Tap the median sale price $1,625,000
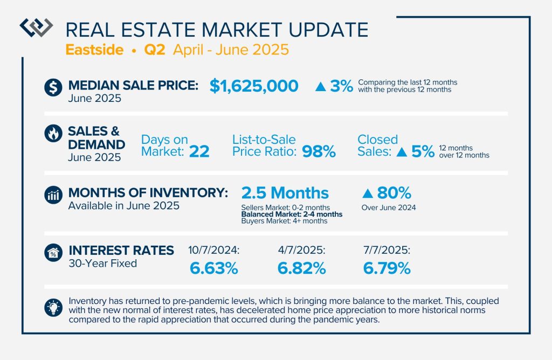pos(253,86)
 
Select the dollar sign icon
pos(53,86)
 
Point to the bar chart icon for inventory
pos(53,195)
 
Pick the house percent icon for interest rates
pos(53,252)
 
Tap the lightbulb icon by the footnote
pos(53,307)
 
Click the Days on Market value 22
pos(199,151)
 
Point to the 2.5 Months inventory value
pos(285,192)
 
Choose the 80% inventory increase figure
pos(394,192)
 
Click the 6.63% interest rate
pos(213,268)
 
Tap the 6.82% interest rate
pos(301,268)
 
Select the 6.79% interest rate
pos(387,268)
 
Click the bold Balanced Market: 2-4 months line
pos(292,214)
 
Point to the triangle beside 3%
pos(321,86)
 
